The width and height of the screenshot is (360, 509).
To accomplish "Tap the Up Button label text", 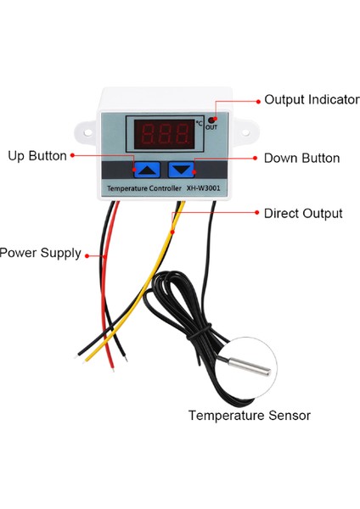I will tap(37, 156).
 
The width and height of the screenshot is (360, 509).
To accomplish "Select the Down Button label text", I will tap(301, 158).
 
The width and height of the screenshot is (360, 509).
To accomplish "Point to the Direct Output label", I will tap(303, 214).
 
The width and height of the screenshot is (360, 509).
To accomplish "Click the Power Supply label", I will tap(41, 253).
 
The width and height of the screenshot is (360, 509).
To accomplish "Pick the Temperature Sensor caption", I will tap(249, 416).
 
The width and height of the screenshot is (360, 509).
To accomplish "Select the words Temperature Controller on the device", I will tap(142, 187).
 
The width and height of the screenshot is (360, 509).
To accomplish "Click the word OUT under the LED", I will tap(211, 130).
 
